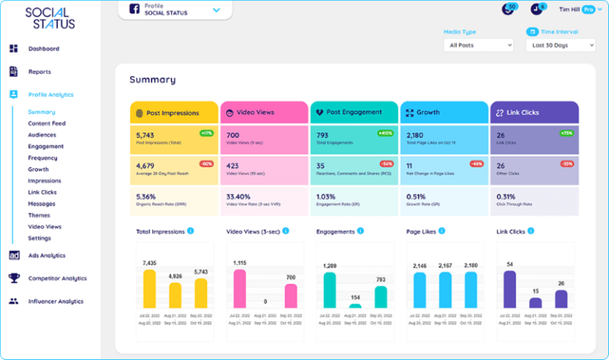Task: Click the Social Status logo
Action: click(x=50, y=17)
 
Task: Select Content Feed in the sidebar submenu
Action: click(x=46, y=124)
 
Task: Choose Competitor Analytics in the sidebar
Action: click(x=57, y=278)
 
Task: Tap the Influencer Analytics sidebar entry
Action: click(x=56, y=301)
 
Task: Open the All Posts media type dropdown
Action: click(x=478, y=46)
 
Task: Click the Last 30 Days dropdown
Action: click(x=560, y=46)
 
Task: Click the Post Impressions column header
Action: click(x=174, y=113)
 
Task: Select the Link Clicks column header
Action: click(x=534, y=113)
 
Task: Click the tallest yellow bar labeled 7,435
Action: click(x=149, y=289)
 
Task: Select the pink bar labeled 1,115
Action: click(x=239, y=289)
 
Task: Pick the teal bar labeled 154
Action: click(x=355, y=304)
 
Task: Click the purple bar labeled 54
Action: click(x=510, y=289)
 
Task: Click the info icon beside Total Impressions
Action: click(x=190, y=232)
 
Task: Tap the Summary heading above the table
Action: click(x=152, y=79)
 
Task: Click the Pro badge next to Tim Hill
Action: click(x=588, y=10)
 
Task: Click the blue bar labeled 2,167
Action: click(x=446, y=290)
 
